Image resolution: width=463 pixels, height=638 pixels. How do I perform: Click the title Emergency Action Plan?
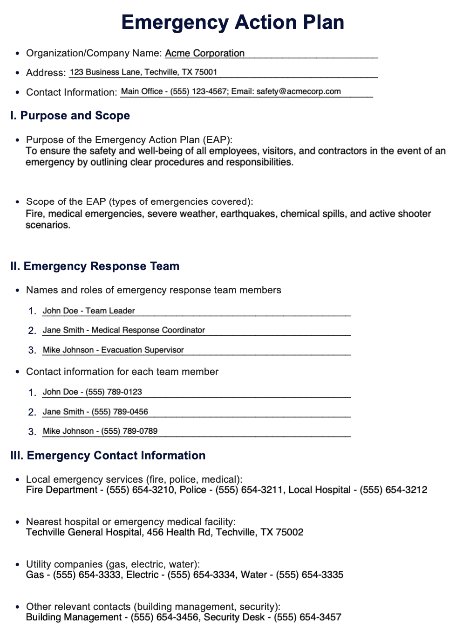[232, 22]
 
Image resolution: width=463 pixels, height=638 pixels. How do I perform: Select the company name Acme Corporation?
[204, 53]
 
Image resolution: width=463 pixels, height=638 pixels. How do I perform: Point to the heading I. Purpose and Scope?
[70, 116]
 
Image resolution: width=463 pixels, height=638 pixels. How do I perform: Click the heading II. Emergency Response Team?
[95, 266]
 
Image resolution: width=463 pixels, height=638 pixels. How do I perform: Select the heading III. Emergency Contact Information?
[108, 456]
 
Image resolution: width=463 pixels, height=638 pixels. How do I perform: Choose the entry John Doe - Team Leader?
[89, 311]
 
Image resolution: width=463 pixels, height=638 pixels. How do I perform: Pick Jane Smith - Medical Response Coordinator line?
[123, 330]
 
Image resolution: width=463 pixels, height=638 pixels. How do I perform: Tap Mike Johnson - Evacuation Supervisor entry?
[113, 350]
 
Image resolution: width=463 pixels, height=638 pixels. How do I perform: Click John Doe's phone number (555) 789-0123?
[114, 392]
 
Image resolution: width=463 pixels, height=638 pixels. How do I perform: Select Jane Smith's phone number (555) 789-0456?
[120, 412]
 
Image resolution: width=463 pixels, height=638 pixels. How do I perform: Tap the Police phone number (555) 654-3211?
[249, 490]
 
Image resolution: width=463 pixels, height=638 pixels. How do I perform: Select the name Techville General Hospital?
[84, 533]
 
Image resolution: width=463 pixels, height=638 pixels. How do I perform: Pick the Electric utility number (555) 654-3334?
[201, 575]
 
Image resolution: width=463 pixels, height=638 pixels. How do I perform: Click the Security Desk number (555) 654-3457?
[307, 617]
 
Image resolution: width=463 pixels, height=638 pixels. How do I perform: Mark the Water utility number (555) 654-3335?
[310, 575]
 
